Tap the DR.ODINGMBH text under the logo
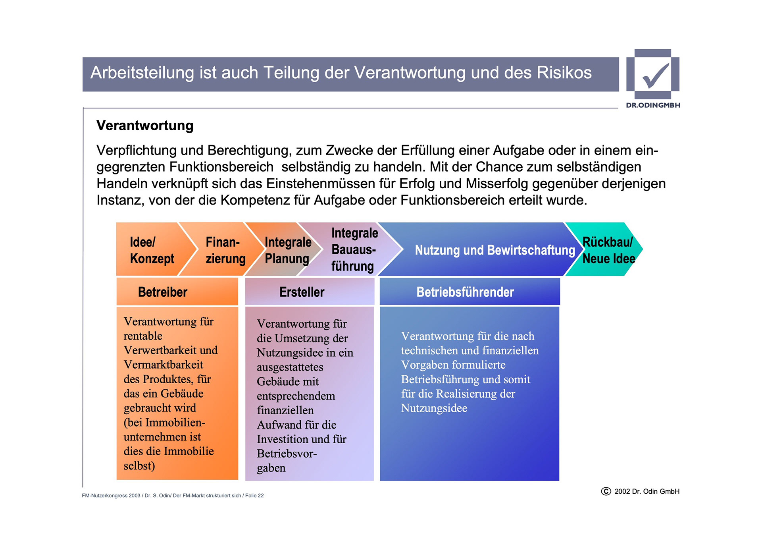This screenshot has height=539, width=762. point(653,105)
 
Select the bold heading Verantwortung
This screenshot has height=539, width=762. point(145,126)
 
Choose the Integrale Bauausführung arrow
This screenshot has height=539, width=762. point(353,249)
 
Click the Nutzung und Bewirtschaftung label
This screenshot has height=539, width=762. point(495,250)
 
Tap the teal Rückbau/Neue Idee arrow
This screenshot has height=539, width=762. point(608,250)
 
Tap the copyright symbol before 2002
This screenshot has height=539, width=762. point(606,491)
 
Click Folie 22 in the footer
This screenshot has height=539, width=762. point(254,496)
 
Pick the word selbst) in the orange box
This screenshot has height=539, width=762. point(139,466)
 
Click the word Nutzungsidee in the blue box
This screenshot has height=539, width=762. point(434,408)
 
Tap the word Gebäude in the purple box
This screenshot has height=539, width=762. point(288,382)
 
